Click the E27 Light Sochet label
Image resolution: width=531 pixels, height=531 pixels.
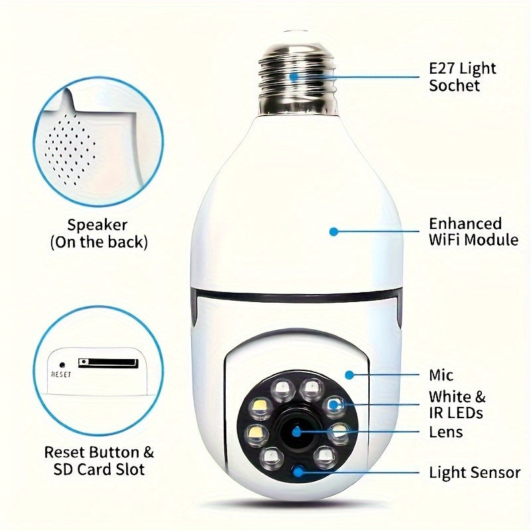click(463, 76)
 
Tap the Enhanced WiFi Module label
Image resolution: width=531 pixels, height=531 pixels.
click(473, 232)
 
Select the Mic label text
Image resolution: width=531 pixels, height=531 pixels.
click(441, 376)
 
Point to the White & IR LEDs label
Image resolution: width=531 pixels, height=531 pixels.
click(457, 405)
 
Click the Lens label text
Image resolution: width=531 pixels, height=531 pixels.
click(446, 432)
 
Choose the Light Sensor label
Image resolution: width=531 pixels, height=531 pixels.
click(475, 473)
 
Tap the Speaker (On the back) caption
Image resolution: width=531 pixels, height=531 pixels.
click(99, 234)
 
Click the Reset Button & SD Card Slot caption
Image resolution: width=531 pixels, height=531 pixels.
click(99, 461)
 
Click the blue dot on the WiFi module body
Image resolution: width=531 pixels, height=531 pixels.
click(334, 232)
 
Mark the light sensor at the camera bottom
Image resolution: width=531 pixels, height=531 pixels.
click(298, 472)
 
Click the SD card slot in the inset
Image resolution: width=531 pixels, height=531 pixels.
click(108, 363)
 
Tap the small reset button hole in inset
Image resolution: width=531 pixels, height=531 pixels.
click(62, 364)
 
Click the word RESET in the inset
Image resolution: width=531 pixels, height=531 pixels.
click(61, 374)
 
